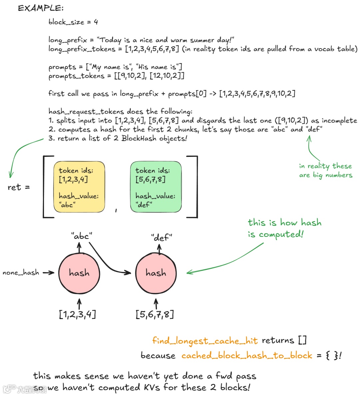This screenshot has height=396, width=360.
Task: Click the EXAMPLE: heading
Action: pyautogui.click(x=41, y=8)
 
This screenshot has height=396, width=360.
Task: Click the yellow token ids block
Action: pyautogui.click(x=79, y=187)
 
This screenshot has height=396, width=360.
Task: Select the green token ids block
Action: pyautogui.click(x=156, y=187)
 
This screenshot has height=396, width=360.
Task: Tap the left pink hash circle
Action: pyautogui.click(x=79, y=273)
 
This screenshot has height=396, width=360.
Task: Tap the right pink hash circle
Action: pyautogui.click(x=156, y=273)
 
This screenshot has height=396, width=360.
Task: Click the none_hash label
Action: pyautogui.click(x=21, y=273)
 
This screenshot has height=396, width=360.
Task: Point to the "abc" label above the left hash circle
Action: pyautogui.click(x=81, y=236)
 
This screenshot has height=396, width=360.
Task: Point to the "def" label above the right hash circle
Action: pyautogui.click(x=161, y=237)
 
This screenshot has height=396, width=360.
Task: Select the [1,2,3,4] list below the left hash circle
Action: pyautogui.click(x=77, y=314)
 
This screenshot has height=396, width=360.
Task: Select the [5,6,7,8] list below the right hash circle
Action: pyautogui.click(x=155, y=314)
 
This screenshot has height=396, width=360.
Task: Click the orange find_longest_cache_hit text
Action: pyautogui.click(x=205, y=341)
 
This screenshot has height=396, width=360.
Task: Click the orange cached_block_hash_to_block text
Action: pyautogui.click(x=247, y=355)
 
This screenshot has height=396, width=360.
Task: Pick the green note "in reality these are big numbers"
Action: pyautogui.click(x=325, y=171)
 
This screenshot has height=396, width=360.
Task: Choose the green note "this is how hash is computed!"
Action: pyautogui.click(x=284, y=228)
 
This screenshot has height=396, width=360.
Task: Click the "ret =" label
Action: pyautogui.click(x=19, y=188)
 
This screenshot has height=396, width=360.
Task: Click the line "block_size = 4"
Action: pyautogui.click(x=73, y=22)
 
